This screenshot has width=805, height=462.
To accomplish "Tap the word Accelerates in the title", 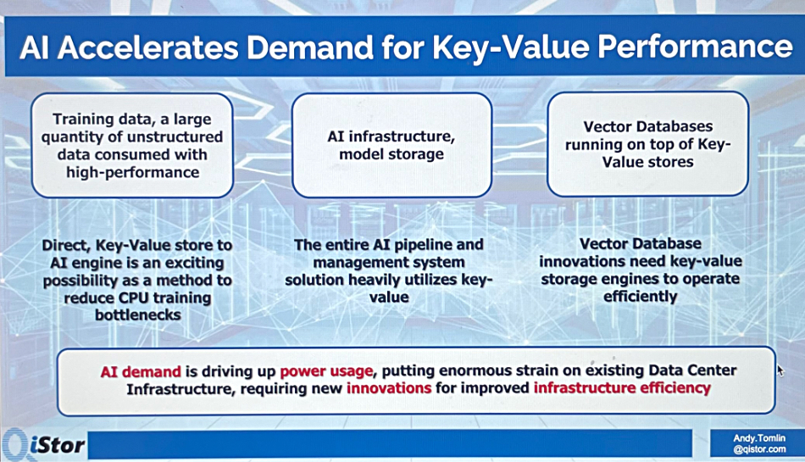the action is (148, 47).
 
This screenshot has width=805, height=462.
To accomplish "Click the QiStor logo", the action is (42, 444).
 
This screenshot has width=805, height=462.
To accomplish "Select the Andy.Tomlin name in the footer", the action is (759, 438).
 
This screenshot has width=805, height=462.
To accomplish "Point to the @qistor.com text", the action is (759, 449).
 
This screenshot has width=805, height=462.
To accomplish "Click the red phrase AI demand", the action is (141, 371).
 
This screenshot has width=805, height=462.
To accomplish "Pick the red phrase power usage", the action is (326, 370).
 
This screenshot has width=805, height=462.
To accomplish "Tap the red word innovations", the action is (389, 387).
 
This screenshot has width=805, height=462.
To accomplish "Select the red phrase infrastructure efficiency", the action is (622, 387).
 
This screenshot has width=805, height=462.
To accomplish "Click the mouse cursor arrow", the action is (781, 370).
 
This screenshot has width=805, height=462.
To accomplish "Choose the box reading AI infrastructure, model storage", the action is (391, 145).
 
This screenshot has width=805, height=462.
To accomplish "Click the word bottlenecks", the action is (138, 314).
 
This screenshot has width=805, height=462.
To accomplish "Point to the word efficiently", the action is (641, 297).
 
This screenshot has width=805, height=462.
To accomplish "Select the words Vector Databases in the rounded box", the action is (648, 126).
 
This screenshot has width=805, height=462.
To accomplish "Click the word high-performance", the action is (132, 172).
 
